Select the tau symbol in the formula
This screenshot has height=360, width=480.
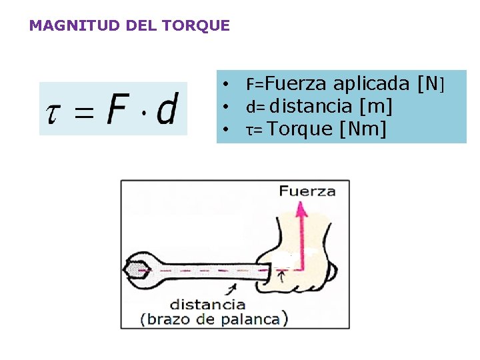tap(53, 110)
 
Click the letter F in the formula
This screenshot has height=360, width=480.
tap(118, 109)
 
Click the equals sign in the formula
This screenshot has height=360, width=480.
tap(83, 111)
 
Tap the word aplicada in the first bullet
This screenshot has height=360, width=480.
tap(371, 83)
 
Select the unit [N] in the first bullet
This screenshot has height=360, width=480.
tap(429, 83)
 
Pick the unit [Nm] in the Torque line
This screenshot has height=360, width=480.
tap(363, 128)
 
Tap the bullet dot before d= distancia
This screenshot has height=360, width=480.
tap(227, 107)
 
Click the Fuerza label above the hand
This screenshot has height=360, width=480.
tap(307, 192)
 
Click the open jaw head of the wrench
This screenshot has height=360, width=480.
tap(139, 268)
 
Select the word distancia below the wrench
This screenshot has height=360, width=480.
tap(207, 305)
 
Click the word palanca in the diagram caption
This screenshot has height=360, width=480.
tap(256, 319)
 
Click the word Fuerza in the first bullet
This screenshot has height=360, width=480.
tap(296, 83)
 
